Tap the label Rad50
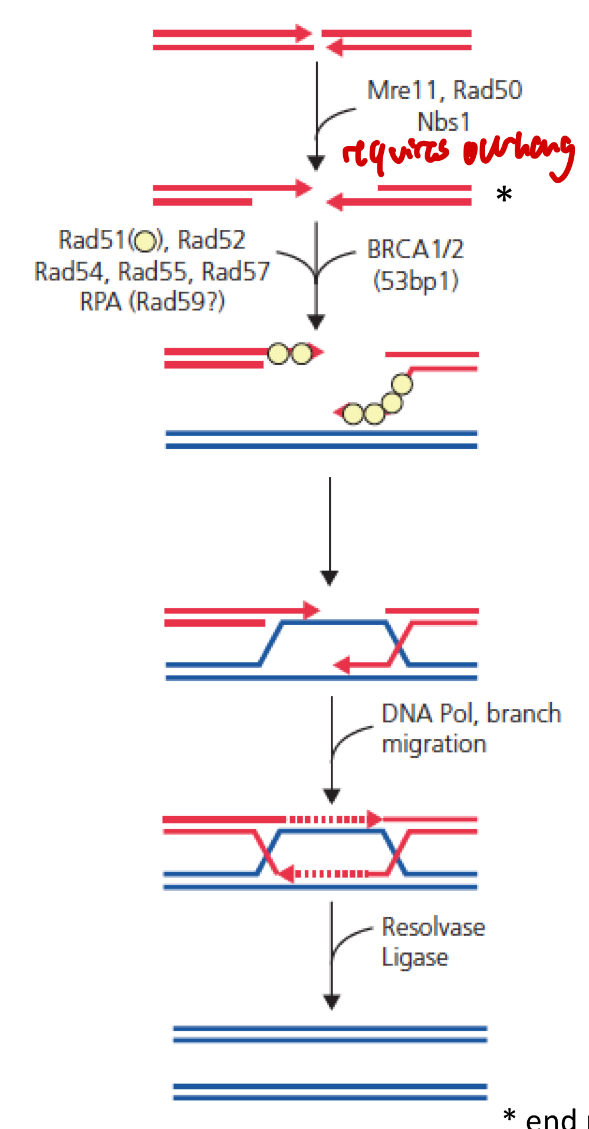pos(488,90)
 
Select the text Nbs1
pos(443,122)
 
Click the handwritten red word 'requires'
pos(396,153)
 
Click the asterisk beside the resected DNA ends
pos(504,195)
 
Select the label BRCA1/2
pos(415,250)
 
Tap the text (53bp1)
pos(416,280)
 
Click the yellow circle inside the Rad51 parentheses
pos(145,240)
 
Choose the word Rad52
pos(211,240)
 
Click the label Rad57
pos(235,272)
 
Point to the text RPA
pos(100,302)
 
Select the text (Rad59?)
pos(177,302)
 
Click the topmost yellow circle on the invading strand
pos(402,384)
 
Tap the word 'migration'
pos(434,744)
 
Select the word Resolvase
pos(433,927)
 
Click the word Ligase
pos(414,958)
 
